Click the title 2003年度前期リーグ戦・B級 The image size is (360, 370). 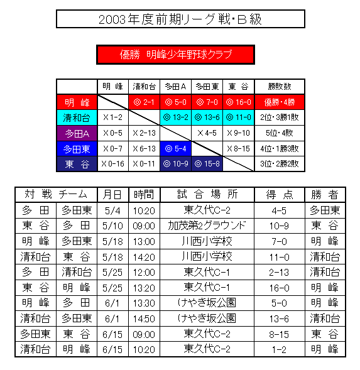pyautogui.click(x=180, y=19)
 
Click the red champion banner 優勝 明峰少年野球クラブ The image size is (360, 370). pyautogui.click(x=175, y=55)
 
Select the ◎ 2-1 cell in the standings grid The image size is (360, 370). pyautogui.click(x=144, y=102)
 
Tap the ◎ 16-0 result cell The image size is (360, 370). pyautogui.click(x=238, y=102)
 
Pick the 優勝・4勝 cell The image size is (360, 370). pyautogui.click(x=280, y=102)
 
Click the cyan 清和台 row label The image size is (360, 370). pyautogui.click(x=77, y=117)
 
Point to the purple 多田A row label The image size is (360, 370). pyautogui.click(x=77, y=133)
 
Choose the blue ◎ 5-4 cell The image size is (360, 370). pyautogui.click(x=175, y=149)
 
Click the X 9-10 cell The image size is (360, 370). pyautogui.click(x=238, y=133)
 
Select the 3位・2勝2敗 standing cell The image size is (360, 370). pyautogui.click(x=280, y=164)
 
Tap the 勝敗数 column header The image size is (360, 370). pyautogui.click(x=280, y=87)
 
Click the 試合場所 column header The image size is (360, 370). pyautogui.click(x=207, y=195)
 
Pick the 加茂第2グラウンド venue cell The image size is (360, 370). pyautogui.click(x=207, y=226)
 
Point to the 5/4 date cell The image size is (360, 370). pyautogui.click(x=112, y=210)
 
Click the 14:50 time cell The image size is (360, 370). pyautogui.click(x=144, y=318)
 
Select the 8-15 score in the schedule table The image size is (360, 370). pyautogui.click(x=279, y=334)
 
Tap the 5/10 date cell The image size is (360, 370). pyautogui.click(x=112, y=226)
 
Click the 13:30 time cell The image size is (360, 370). pyautogui.click(x=144, y=303)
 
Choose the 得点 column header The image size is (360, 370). pyautogui.click(x=279, y=195)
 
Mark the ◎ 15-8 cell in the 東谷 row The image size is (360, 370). pyautogui.click(x=207, y=164)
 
